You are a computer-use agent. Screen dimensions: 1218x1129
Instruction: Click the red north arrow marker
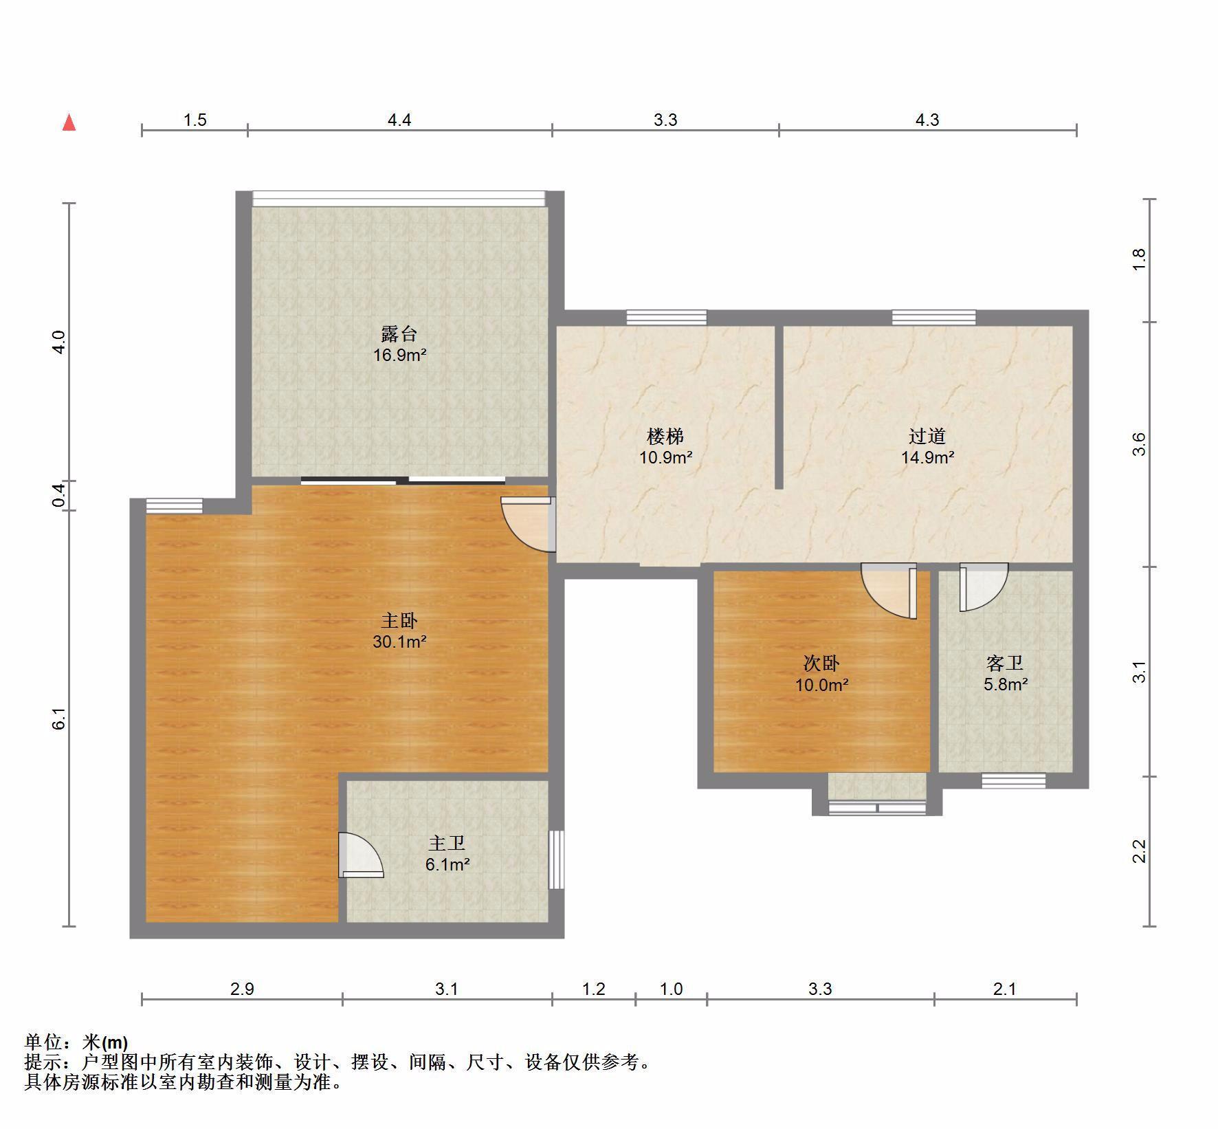(x=69, y=122)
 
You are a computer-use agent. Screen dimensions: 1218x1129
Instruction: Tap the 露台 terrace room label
(x=399, y=334)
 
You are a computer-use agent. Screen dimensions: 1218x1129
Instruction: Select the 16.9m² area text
(x=399, y=355)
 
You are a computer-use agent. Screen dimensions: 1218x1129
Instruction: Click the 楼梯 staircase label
(x=665, y=436)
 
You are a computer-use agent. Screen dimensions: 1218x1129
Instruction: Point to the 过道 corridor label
(x=927, y=436)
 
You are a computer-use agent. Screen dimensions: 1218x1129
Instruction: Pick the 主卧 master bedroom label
(x=399, y=621)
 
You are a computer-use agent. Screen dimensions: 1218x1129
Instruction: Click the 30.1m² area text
(x=399, y=642)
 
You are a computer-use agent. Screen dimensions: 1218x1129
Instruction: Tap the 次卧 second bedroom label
(x=821, y=664)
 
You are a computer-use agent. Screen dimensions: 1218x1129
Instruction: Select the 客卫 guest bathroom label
(x=1005, y=664)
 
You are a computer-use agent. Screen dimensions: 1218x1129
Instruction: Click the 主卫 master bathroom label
(x=447, y=844)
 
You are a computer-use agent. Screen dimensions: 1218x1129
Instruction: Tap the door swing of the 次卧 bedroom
(x=889, y=591)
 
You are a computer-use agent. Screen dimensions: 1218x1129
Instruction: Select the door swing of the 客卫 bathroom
(x=984, y=587)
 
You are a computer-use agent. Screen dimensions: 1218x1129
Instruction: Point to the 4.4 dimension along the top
(x=399, y=120)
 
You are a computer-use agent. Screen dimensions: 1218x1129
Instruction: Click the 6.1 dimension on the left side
(x=60, y=719)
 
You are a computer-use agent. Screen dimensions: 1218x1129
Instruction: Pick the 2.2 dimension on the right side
(x=1139, y=851)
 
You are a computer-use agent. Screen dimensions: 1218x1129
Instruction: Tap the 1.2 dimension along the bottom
(x=594, y=989)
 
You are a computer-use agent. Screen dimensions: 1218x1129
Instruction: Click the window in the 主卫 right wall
(x=556, y=859)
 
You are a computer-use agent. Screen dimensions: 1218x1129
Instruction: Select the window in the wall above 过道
(x=934, y=318)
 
